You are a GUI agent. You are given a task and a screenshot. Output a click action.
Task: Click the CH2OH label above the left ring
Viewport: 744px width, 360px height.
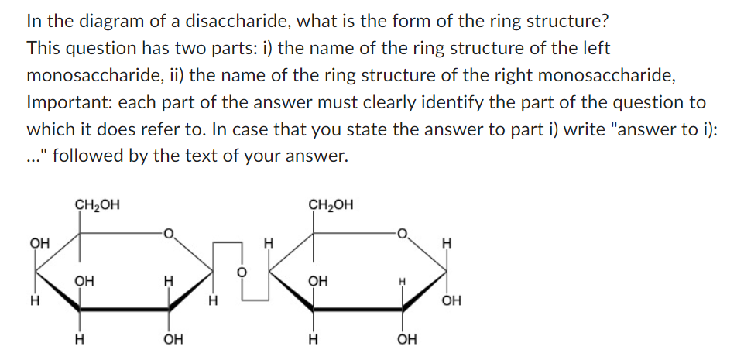[97, 205]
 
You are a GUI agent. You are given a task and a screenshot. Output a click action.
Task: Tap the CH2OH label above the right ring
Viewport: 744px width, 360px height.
[331, 205]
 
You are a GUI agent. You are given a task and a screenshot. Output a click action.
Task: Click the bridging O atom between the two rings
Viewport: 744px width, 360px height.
[241, 273]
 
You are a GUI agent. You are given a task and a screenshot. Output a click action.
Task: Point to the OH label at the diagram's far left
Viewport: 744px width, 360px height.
[36, 243]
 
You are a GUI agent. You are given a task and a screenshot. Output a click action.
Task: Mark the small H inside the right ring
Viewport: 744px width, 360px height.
[402, 282]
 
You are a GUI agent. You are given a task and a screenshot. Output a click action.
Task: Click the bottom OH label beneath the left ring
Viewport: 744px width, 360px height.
[173, 338]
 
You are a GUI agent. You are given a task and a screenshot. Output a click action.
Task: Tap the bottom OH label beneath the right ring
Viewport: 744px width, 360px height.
[406, 338]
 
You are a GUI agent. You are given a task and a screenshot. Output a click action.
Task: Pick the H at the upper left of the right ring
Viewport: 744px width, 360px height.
[269, 243]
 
